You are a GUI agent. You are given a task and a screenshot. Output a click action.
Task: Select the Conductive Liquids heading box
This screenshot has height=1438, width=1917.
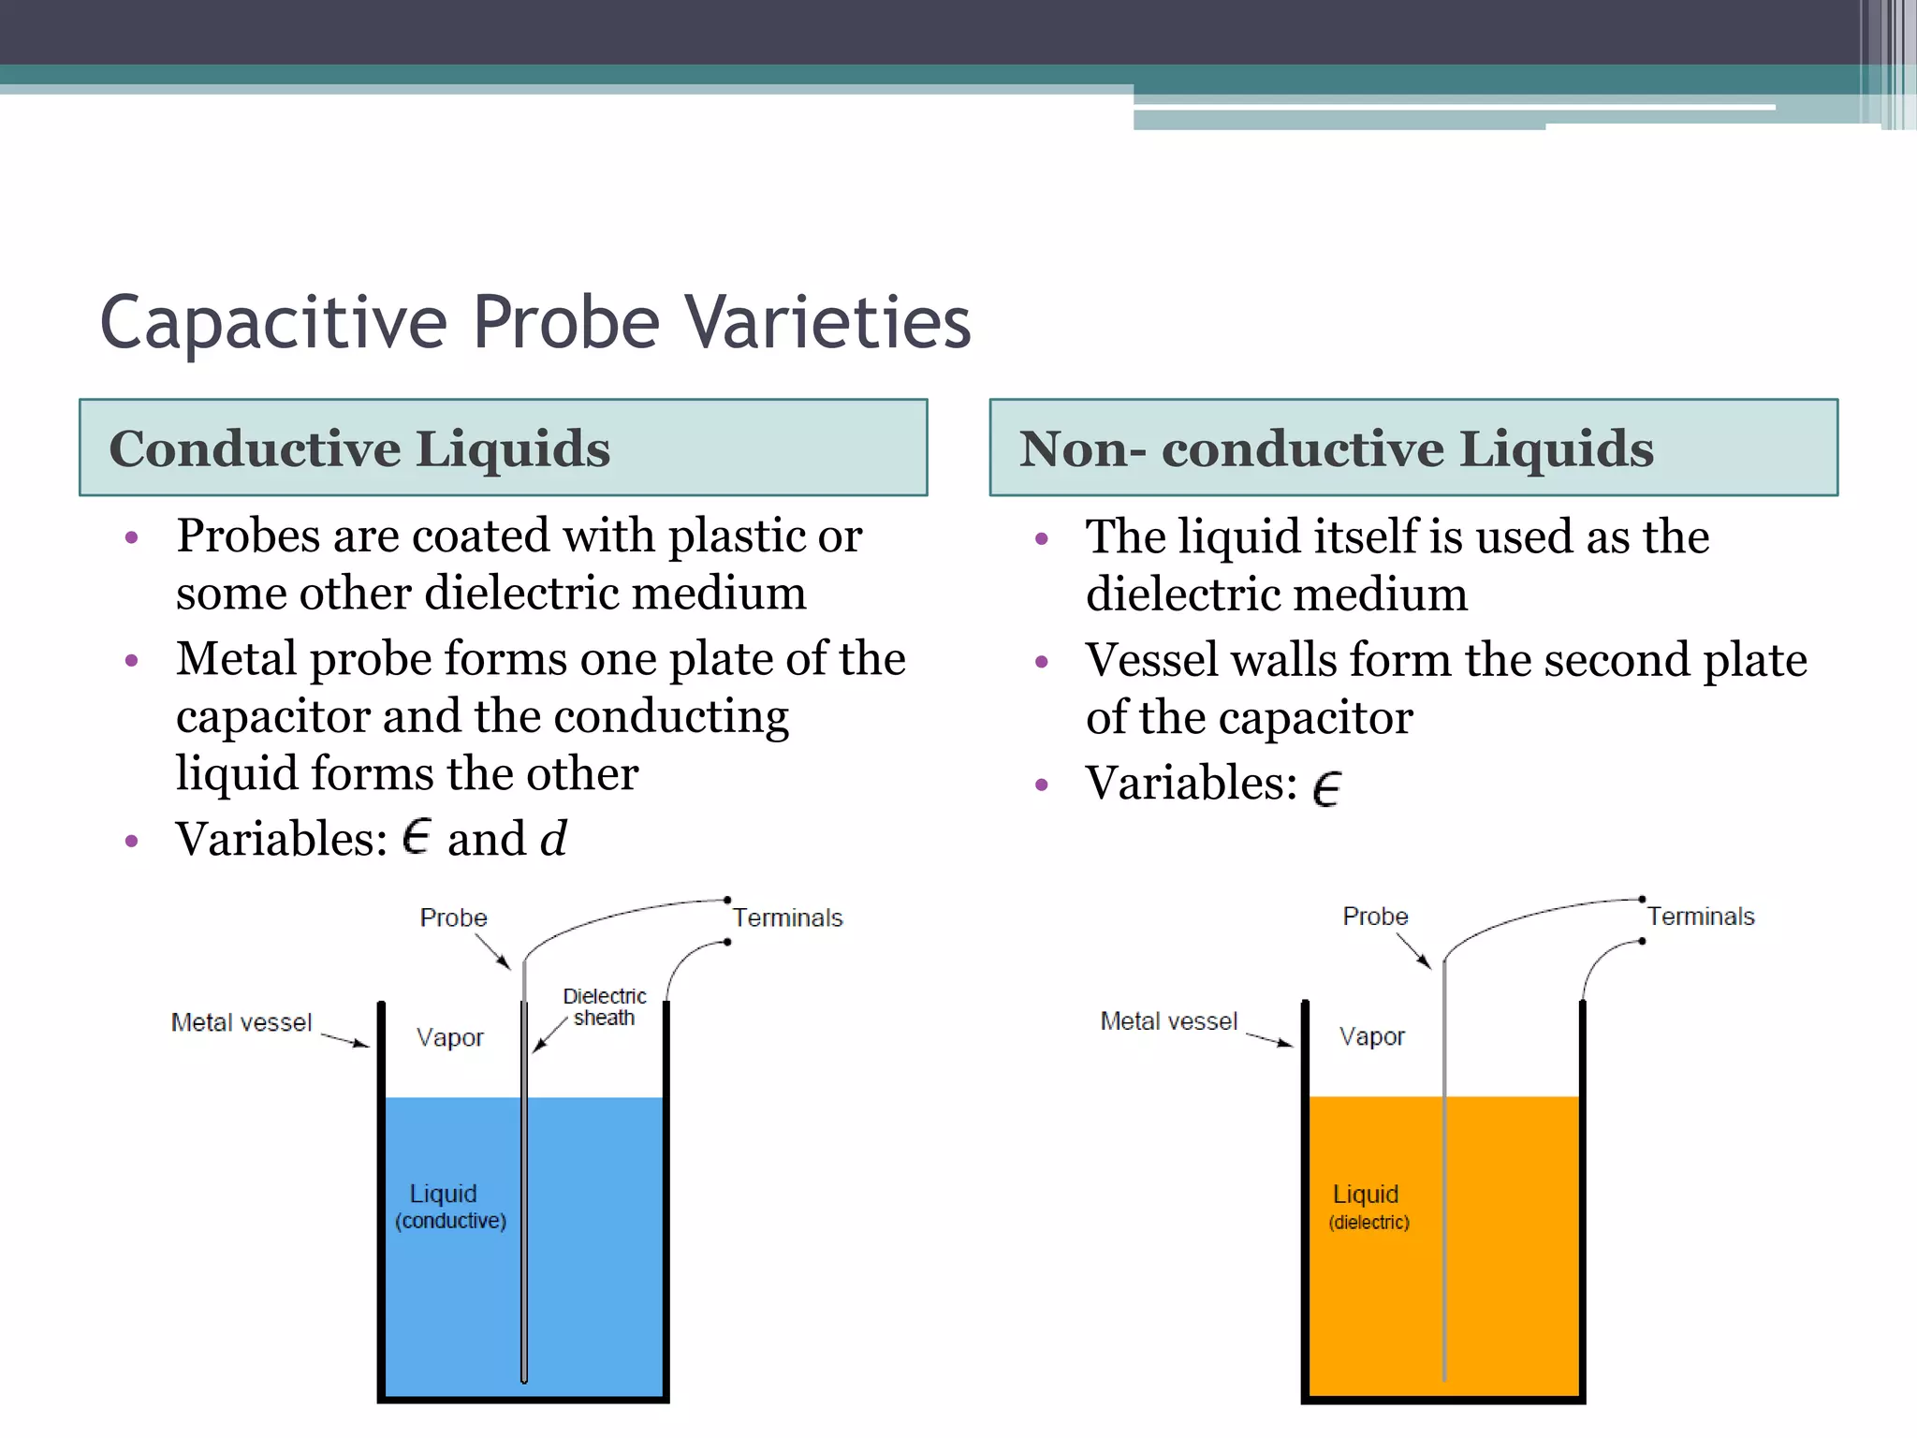(x=503, y=448)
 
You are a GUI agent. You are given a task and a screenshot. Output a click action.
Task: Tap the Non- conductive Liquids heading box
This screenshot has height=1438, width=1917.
(x=1413, y=448)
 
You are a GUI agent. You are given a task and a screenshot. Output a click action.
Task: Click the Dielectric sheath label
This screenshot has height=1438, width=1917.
(x=604, y=1007)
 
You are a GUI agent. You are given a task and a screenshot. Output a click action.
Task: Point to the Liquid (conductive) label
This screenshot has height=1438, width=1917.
(x=449, y=1207)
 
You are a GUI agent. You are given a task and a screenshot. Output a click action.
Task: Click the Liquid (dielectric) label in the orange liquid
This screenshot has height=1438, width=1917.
(x=1368, y=1208)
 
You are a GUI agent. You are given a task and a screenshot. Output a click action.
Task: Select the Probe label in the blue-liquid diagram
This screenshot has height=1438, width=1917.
(x=453, y=917)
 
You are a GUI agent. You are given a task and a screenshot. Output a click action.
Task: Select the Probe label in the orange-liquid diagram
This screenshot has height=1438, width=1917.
(x=1375, y=916)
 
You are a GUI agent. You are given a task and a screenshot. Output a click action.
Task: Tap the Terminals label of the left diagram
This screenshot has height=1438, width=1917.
(x=787, y=917)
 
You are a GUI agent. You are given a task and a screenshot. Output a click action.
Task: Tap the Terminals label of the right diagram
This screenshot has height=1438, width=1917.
(x=1701, y=916)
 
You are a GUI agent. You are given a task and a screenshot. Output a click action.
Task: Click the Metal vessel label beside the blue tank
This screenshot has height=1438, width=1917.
(x=241, y=1022)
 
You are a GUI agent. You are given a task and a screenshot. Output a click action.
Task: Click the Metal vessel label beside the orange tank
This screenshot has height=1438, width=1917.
(x=1168, y=1020)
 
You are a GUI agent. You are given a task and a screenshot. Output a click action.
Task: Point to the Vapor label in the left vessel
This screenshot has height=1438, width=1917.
(x=449, y=1037)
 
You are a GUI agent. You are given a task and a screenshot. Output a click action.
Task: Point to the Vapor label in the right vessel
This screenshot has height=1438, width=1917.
(x=1371, y=1036)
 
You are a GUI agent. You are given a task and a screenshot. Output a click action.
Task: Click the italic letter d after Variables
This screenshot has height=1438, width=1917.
(x=553, y=838)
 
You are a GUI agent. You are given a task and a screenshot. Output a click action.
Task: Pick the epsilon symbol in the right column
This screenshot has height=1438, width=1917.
(x=1326, y=787)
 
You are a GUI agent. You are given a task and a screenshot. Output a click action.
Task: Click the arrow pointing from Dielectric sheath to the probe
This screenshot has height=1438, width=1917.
(x=549, y=1034)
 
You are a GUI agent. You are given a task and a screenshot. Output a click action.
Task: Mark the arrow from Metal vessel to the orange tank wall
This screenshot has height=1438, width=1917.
(x=1270, y=1039)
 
